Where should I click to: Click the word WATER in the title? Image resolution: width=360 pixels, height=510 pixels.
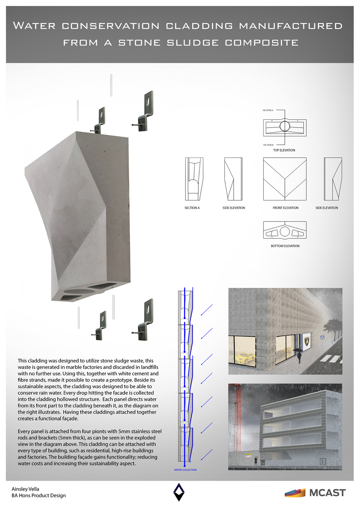(34, 26)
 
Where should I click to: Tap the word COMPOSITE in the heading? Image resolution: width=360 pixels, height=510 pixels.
(262, 43)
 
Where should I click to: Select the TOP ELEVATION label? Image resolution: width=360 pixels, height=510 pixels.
(284, 150)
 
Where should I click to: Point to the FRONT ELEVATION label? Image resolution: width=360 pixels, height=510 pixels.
(285, 208)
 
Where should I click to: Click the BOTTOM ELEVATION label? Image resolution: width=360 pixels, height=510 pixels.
(285, 246)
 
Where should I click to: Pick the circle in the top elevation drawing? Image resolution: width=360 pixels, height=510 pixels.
(285, 126)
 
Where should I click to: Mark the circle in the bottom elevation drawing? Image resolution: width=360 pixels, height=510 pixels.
(285, 231)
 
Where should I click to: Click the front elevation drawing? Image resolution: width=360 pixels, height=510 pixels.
(285, 179)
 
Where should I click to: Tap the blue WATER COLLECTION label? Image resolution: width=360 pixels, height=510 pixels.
(185, 470)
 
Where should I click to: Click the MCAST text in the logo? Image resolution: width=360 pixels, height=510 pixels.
(328, 493)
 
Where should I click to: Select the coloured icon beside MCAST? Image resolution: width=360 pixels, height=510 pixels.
(295, 493)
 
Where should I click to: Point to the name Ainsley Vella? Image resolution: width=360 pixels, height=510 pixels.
(26, 489)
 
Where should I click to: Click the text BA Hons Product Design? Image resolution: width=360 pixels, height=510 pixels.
(39, 496)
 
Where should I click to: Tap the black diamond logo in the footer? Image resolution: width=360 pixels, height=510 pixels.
(179, 492)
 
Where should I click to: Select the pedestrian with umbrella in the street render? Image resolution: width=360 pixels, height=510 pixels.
(299, 355)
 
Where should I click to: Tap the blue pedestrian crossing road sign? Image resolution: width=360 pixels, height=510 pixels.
(322, 337)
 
